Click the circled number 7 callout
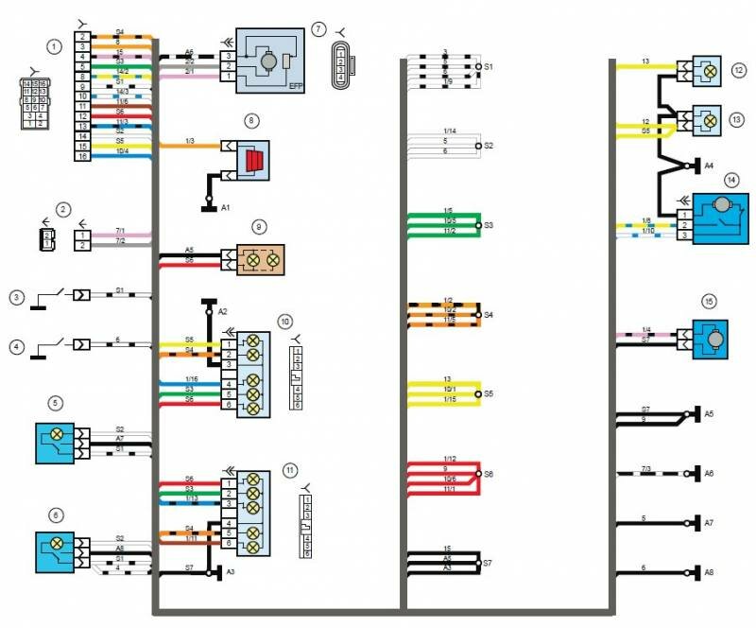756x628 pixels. pyautogui.click(x=318, y=29)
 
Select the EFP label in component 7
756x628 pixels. pyautogui.click(x=297, y=82)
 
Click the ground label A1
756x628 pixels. pyautogui.click(x=226, y=205)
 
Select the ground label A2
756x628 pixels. pyautogui.click(x=223, y=310)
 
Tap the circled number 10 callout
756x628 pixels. pyautogui.click(x=284, y=321)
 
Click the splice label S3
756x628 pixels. pyautogui.click(x=489, y=225)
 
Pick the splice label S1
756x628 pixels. pyautogui.click(x=489, y=67)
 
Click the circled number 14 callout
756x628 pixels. pyautogui.click(x=730, y=179)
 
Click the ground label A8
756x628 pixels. pyautogui.click(x=709, y=571)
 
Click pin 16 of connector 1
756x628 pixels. pyautogui.click(x=83, y=156)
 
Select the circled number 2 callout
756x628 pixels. pyautogui.click(x=63, y=208)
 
